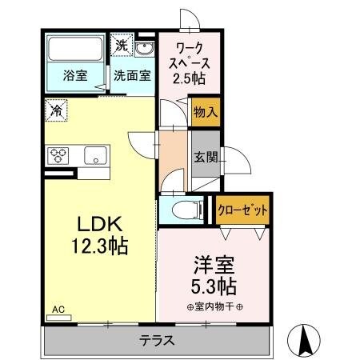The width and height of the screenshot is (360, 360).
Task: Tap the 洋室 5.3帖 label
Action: pos(214,274)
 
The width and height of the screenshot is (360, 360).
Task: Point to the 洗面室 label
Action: pos(131,78)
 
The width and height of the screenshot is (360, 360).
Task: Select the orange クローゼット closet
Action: pos(242,210)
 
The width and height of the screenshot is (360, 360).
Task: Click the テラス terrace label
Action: pos(158,339)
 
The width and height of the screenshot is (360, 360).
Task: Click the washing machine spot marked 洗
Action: pos(122,45)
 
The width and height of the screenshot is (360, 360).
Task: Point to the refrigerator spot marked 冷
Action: pos(58,109)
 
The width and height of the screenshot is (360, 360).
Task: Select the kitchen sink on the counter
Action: pos(95,155)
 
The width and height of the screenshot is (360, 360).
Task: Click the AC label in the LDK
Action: pos(58,308)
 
